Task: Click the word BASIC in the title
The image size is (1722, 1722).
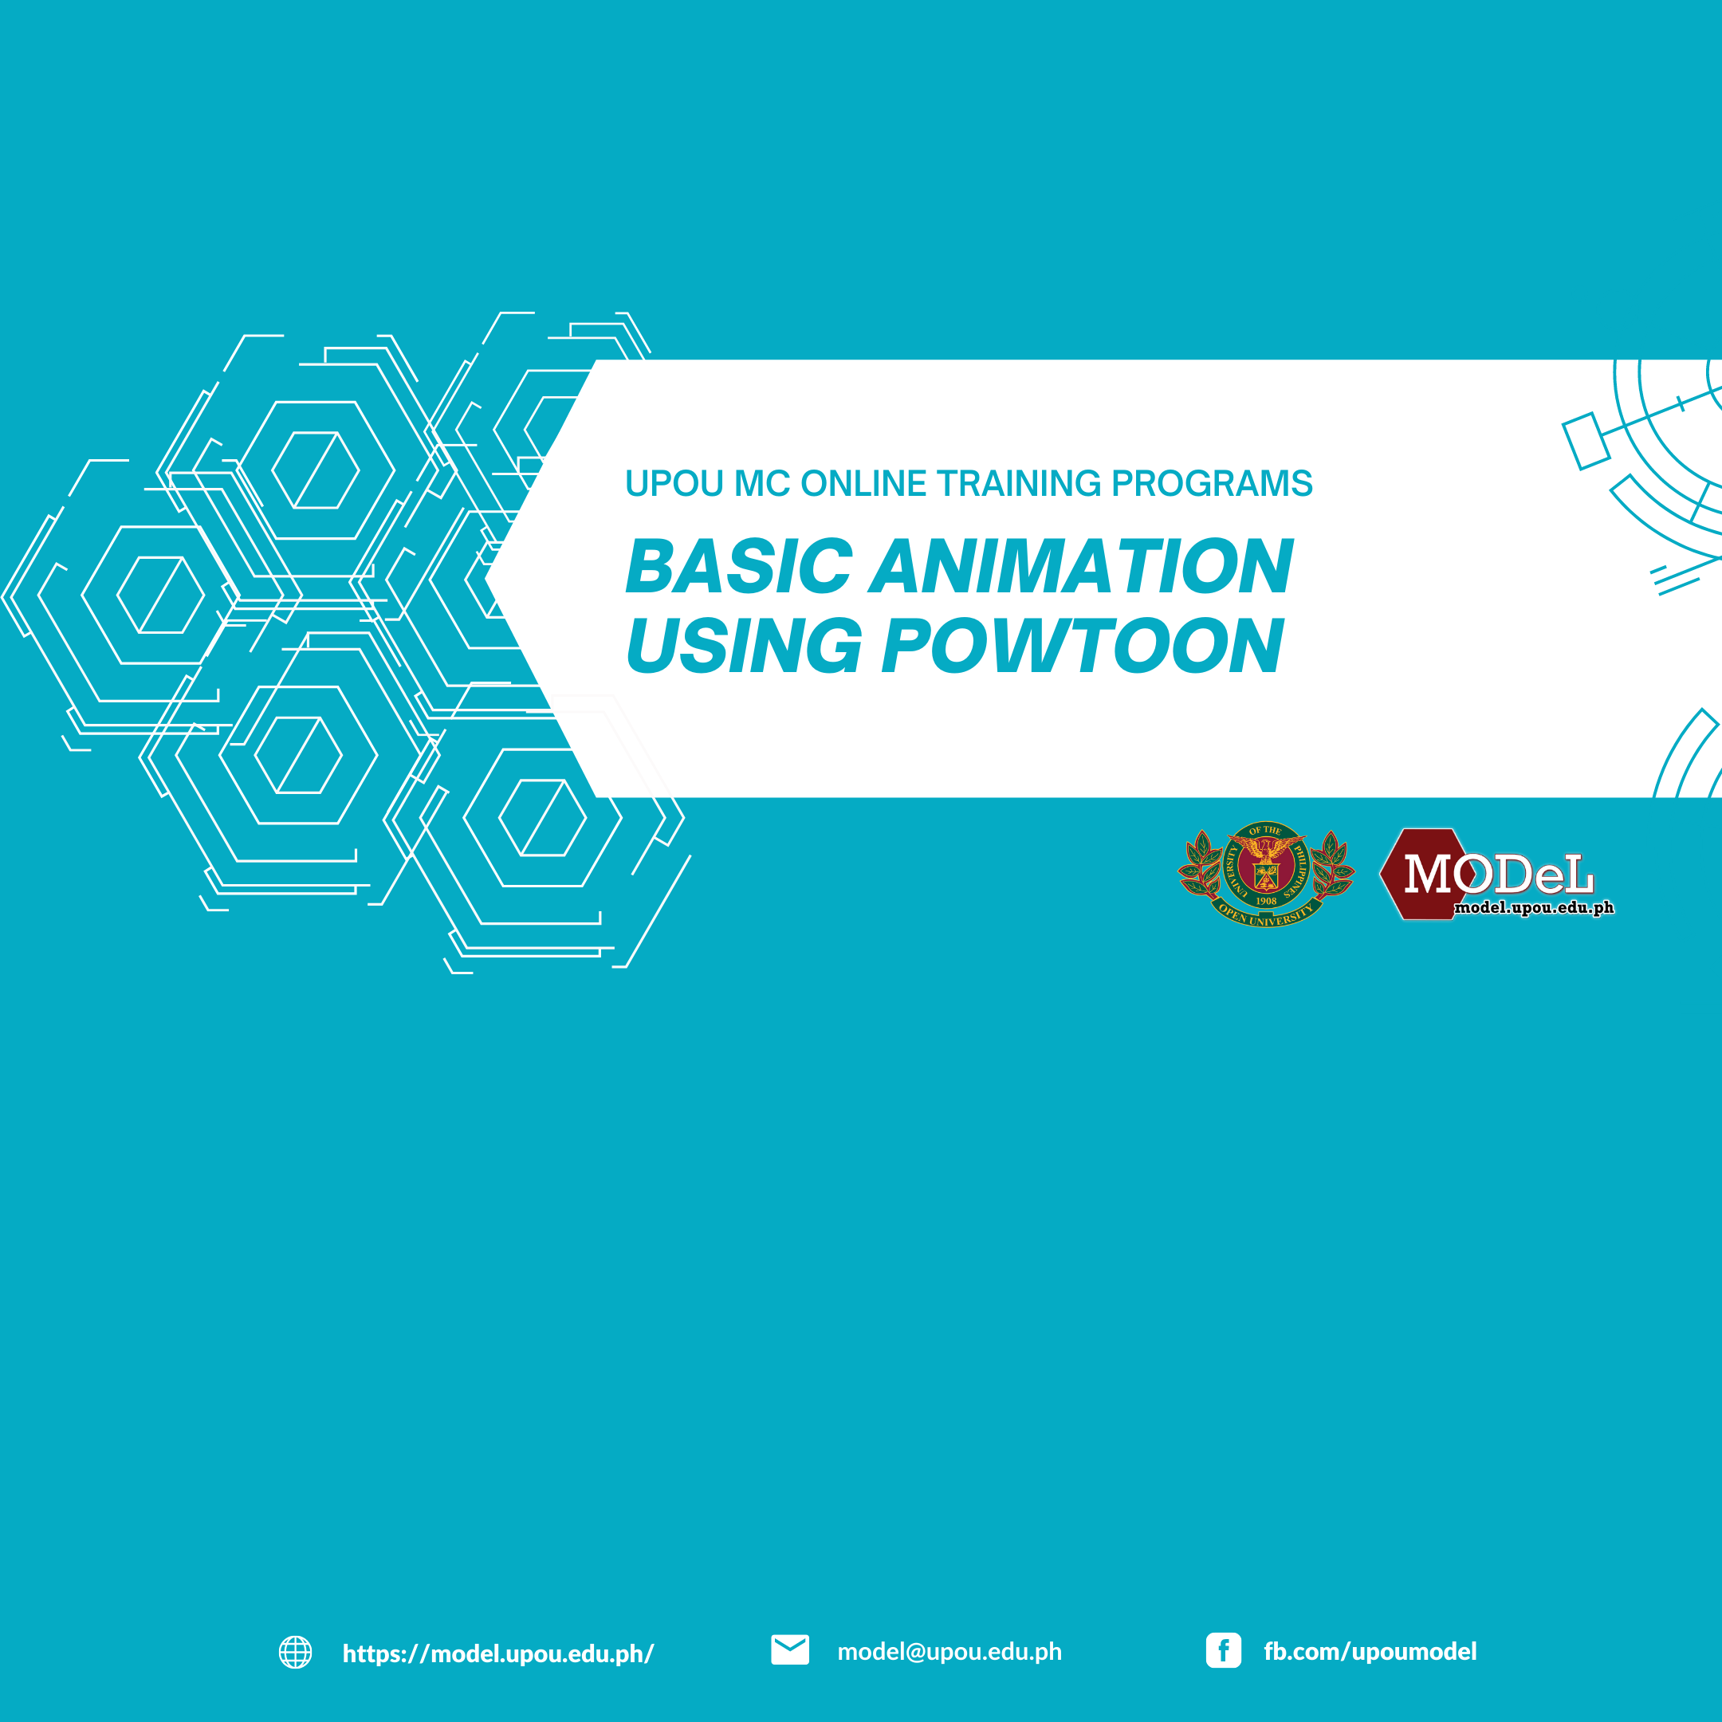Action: click(739, 566)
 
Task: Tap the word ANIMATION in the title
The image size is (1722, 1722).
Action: click(1080, 566)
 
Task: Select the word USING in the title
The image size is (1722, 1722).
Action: click(743, 645)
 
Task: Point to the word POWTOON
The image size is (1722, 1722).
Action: click(1082, 645)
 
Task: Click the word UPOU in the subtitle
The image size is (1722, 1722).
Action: click(674, 483)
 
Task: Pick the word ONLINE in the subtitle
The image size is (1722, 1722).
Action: click(863, 483)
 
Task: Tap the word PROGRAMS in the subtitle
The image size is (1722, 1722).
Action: click(1212, 483)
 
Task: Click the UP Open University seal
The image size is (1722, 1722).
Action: click(1266, 874)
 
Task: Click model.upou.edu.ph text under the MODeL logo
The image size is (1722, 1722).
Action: click(1534, 908)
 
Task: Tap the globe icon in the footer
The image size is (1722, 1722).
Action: click(295, 1652)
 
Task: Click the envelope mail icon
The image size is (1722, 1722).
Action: click(790, 1649)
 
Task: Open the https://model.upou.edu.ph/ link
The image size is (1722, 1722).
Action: click(498, 1653)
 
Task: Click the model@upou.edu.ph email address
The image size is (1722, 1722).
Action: click(949, 1652)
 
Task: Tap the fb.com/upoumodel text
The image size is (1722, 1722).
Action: click(1370, 1652)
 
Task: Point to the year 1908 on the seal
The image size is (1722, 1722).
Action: click(1266, 901)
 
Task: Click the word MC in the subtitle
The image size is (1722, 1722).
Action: click(762, 483)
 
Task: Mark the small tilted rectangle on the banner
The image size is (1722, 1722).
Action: click(1586, 441)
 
